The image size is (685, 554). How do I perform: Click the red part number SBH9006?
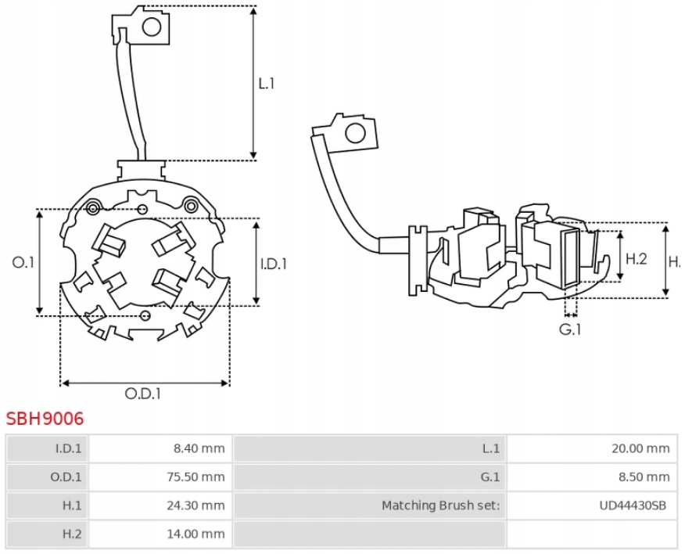pyautogui.click(x=45, y=419)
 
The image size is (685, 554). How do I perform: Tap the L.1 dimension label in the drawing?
pyautogui.click(x=267, y=83)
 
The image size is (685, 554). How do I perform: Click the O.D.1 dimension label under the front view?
pyautogui.click(x=143, y=394)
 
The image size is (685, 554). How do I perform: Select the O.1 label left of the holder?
pyautogui.click(x=23, y=263)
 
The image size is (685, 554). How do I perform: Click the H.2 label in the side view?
pyautogui.click(x=637, y=259)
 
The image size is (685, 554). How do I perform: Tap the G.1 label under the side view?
pyautogui.click(x=570, y=329)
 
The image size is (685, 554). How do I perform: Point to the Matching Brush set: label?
pyautogui.click(x=440, y=505)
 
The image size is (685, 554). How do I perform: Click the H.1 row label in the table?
pyautogui.click(x=72, y=505)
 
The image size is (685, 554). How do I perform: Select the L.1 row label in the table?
pyautogui.click(x=490, y=448)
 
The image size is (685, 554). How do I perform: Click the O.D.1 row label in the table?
pyautogui.click(x=68, y=477)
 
